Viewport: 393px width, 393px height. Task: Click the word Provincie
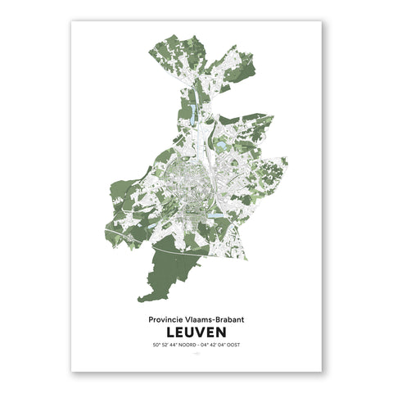pos(167,321)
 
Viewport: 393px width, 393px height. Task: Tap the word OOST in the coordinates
pos(233,345)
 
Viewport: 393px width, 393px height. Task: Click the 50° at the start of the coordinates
pos(156,345)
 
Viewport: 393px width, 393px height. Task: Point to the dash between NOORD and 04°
pos(201,345)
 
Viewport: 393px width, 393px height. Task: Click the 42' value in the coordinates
pos(214,345)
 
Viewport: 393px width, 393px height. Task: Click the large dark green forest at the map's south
pos(168,274)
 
